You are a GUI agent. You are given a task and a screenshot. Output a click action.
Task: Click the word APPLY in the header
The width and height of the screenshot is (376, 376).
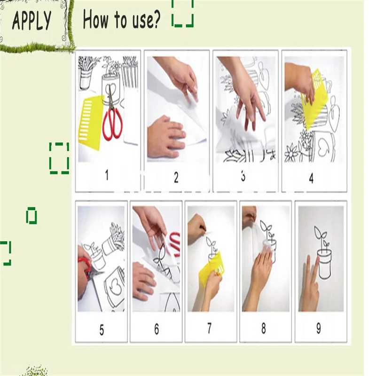(31, 20)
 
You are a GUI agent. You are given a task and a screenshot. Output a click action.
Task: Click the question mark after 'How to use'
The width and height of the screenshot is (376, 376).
(155, 19)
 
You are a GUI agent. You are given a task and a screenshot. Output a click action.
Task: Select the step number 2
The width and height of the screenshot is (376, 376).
(176, 178)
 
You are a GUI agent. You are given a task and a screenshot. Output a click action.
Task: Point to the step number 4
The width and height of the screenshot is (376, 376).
(311, 179)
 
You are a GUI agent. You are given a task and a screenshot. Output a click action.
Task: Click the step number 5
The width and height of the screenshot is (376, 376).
(102, 330)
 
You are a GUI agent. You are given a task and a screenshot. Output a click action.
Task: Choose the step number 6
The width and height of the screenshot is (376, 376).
(157, 329)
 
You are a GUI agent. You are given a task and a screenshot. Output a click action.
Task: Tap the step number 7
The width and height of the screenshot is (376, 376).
(209, 328)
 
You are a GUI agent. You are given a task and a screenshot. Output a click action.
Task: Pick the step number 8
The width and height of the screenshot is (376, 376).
(264, 328)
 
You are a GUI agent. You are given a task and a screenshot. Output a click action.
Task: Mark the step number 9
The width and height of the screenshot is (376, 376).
(319, 328)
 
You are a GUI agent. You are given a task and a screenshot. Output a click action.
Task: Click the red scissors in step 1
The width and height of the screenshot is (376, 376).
(112, 115)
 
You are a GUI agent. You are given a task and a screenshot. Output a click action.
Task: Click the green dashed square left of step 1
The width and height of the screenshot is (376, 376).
(59, 158)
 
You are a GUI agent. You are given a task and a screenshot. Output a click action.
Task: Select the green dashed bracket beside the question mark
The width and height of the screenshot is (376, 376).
(183, 13)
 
